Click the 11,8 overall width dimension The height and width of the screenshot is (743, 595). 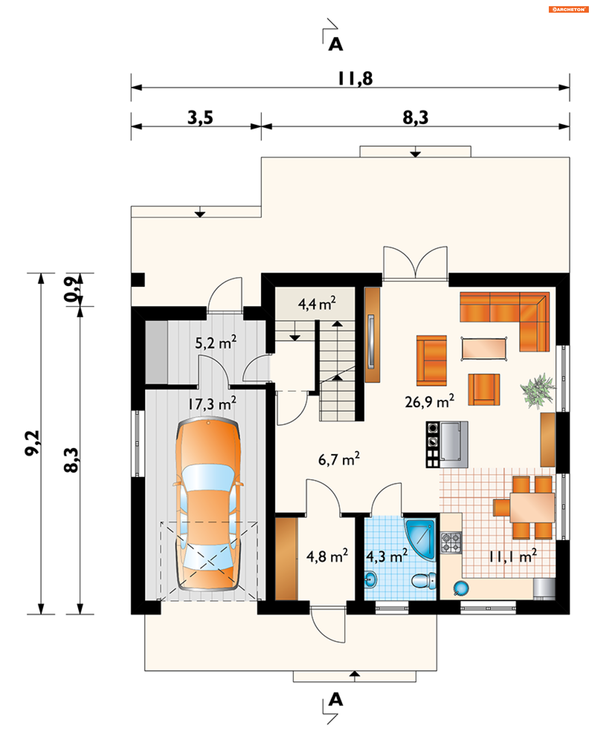355,79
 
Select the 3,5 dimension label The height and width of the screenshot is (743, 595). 201,118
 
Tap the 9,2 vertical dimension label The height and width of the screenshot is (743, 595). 33,443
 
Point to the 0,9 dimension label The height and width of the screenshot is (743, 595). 71,289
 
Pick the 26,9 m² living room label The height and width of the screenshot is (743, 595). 430,401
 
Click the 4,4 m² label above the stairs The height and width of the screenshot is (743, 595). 317,304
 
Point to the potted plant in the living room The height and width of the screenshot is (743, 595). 537,391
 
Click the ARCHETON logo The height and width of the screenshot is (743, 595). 568,9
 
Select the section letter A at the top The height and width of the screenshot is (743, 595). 336,44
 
